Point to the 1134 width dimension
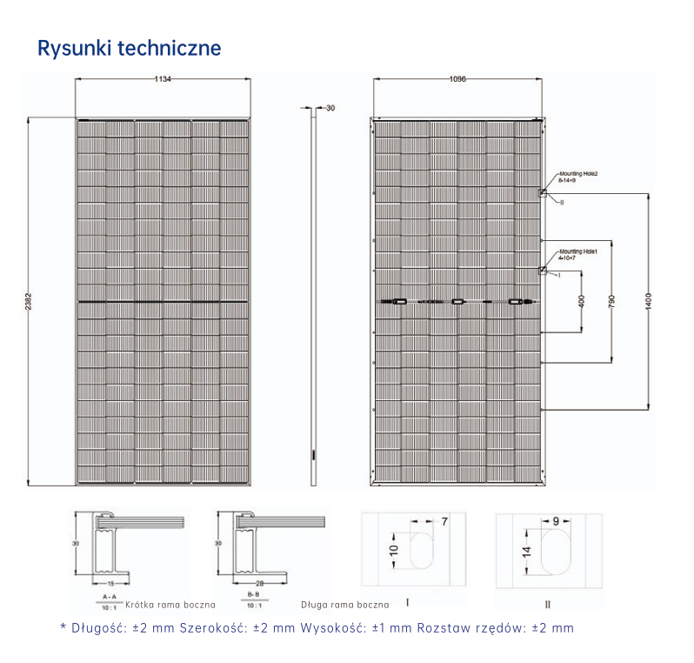[163, 79]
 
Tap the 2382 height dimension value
[28, 301]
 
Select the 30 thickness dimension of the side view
[330, 109]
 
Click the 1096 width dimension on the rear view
[457, 79]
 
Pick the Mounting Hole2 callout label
[579, 175]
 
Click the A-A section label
[110, 596]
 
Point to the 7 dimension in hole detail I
[444, 521]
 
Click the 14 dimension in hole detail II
[527, 552]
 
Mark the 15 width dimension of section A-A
[111, 582]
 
